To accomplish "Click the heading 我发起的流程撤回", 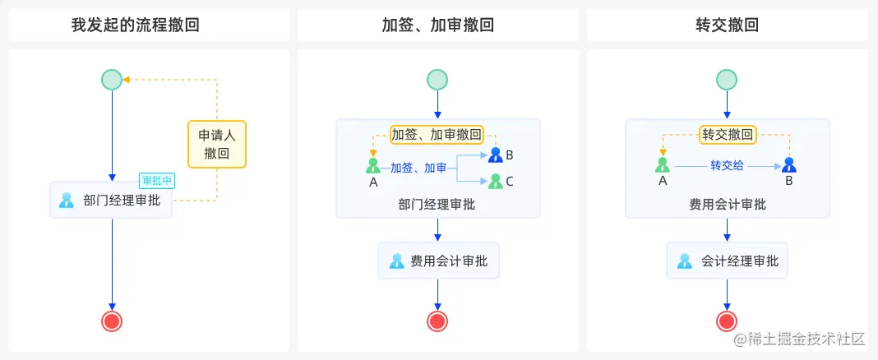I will tap(136, 25).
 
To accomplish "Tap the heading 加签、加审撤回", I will tap(437, 25).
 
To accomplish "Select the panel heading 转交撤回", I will tap(727, 25).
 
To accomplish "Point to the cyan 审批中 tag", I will tap(157, 181).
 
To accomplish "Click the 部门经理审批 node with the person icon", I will tap(111, 200).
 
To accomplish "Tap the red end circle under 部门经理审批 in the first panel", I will tap(112, 321).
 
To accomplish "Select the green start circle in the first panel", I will tap(112, 79).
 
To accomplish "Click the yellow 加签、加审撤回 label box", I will tap(437, 134).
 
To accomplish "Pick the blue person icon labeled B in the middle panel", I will tap(495, 155).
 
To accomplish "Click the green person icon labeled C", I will tap(495, 181).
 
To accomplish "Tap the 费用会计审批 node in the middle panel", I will tap(438, 261).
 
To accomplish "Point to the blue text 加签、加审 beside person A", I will tap(418, 168).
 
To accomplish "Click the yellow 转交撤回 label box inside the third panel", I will tap(727, 134).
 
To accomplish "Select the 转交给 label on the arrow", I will tap(727, 165).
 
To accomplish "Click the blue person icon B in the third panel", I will tap(789, 164).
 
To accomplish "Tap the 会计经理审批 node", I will tap(728, 261).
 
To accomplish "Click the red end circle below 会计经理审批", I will tap(727, 321).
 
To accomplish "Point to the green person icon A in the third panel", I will tap(663, 164).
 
